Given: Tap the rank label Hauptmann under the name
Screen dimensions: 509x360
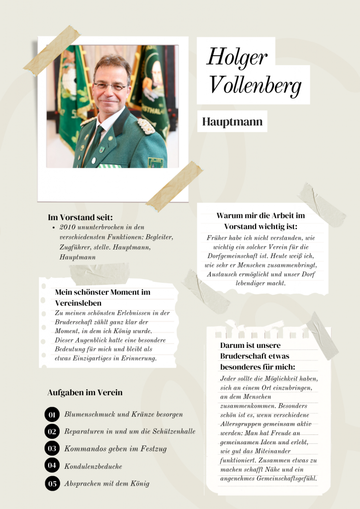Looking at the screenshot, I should [232, 121].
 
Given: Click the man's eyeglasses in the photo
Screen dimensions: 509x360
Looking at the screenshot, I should [110, 86].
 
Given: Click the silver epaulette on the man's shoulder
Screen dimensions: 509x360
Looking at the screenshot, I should [146, 126].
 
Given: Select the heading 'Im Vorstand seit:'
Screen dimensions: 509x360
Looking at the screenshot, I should [80, 217].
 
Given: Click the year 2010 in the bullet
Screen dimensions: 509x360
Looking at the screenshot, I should [67, 227].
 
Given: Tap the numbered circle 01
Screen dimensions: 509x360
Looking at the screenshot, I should [52, 415].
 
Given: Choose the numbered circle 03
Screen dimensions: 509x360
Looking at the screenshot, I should [52, 448].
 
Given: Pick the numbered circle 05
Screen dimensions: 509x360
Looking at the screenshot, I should [52, 483].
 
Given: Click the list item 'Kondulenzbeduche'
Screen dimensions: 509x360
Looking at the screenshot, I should [93, 466].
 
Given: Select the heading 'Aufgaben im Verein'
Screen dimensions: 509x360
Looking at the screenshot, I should [85, 393].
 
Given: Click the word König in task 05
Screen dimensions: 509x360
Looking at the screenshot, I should [138, 483].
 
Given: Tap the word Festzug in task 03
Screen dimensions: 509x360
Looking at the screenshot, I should [150, 448].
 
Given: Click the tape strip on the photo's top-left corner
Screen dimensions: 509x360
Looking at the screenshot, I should [52, 50].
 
